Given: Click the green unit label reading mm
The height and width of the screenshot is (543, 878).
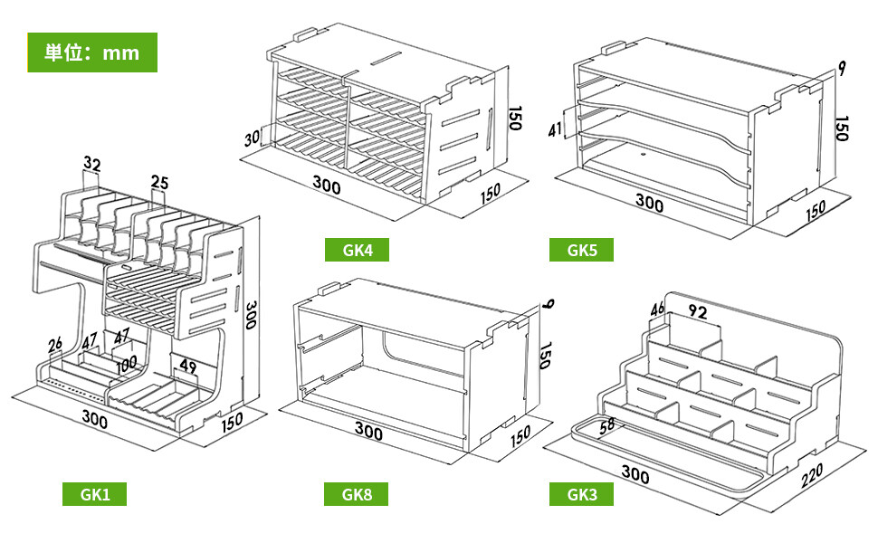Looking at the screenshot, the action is click(91, 52).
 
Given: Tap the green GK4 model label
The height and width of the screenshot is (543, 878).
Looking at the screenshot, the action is click(357, 250).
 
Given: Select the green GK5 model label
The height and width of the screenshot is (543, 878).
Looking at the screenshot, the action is click(581, 250).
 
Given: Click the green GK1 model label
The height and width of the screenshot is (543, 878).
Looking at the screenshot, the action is click(95, 494).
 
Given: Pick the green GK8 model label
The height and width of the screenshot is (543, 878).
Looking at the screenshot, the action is click(356, 494).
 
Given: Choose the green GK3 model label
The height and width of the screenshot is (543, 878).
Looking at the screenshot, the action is click(581, 494).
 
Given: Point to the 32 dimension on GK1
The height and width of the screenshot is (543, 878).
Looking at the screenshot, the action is click(91, 164).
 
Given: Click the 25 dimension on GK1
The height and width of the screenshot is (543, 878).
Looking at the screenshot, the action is click(159, 182).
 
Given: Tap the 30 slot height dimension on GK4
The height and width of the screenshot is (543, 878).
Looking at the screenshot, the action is click(253, 138).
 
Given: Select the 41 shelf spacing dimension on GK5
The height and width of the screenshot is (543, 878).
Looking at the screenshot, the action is click(555, 130).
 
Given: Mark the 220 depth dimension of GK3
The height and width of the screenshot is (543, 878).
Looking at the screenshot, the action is click(811, 475).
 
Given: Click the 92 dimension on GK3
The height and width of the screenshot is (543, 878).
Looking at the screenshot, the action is click(697, 311).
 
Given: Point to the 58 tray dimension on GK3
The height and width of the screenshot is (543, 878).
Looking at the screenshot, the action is click(606, 426).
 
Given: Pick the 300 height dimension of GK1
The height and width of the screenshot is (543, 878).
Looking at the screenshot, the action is click(252, 315).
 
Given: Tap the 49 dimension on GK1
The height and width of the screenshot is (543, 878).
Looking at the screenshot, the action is click(187, 367).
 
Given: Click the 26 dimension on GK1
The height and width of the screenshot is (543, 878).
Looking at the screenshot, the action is click(55, 345).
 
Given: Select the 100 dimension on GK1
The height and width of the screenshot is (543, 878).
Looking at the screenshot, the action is click(127, 365).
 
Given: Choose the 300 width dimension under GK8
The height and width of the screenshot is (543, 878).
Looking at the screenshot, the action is click(369, 431).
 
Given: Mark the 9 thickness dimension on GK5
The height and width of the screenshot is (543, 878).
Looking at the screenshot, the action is click(842, 68).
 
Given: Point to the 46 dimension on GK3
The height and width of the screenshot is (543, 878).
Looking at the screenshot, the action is click(657, 309).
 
